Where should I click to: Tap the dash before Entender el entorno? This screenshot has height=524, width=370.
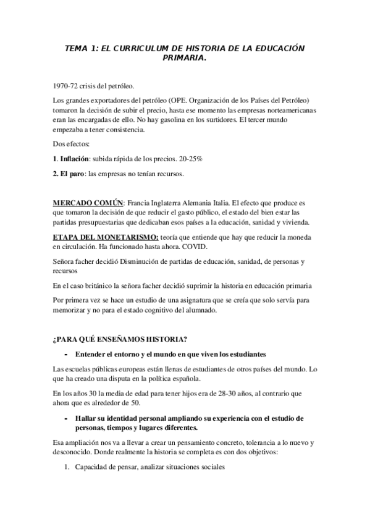pos(65,355)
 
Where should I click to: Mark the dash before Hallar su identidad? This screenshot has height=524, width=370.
pos(65,418)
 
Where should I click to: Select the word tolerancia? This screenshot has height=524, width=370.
pos(262,442)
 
